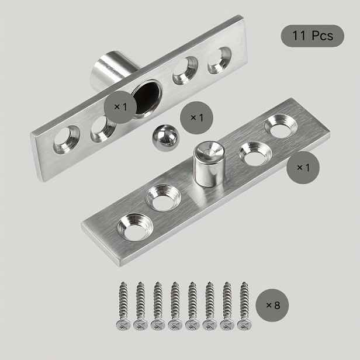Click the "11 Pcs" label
[x=313, y=36]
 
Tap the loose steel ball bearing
[x=165, y=138]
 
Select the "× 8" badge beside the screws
[x=272, y=305]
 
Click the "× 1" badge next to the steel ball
[x=196, y=117]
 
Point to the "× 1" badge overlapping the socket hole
[x=120, y=107]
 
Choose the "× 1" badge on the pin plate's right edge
[x=303, y=168]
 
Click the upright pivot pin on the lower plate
[x=209, y=164]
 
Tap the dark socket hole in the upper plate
[x=147, y=97]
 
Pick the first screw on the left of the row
[x=123, y=306]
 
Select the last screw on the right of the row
[x=244, y=306]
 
